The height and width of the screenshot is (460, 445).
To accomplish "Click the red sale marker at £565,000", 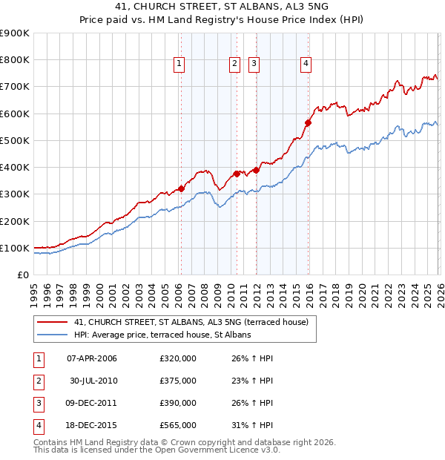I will (308, 123).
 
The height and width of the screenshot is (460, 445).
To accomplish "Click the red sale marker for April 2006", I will (181, 188).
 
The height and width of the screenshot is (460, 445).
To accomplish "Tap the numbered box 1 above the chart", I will (179, 65).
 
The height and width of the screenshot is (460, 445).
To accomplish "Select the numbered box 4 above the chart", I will (306, 65).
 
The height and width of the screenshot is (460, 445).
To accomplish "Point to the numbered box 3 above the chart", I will (254, 65).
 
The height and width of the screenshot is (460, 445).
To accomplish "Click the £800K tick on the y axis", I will (15, 60).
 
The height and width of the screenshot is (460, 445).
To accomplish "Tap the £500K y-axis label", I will (15, 140).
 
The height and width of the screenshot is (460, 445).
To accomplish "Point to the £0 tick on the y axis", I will (22, 275).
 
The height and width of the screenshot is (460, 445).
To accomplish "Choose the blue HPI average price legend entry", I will (162, 335).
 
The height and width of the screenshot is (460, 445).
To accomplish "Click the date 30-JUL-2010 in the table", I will (93, 381).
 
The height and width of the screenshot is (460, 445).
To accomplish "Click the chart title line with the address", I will (222, 10).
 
